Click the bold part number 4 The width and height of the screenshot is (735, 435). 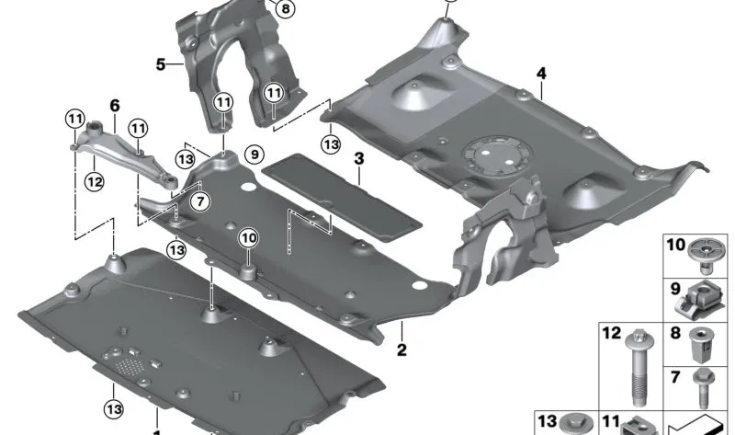tap(542, 73)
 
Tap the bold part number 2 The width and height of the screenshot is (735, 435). tap(401, 350)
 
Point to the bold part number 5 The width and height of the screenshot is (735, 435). tap(160, 64)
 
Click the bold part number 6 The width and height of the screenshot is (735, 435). tap(115, 106)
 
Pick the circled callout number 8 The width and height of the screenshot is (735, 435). tap(285, 9)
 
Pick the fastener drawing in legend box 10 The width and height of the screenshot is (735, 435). tap(706, 256)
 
